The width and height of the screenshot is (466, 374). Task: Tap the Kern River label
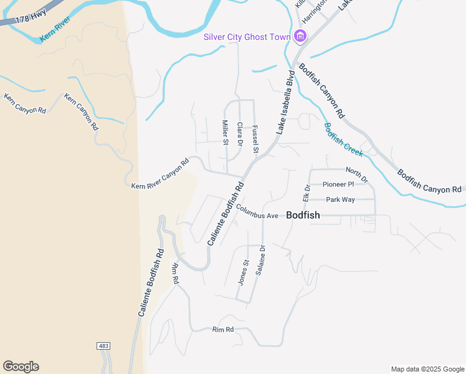pyautogui.click(x=55, y=30)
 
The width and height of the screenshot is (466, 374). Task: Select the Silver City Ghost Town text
pyautogui.click(x=247, y=37)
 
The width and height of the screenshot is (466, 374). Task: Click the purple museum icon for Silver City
pyautogui.click(x=300, y=37)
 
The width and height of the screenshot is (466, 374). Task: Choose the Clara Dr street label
pyautogui.click(x=240, y=134)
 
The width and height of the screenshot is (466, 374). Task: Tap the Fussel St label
pyautogui.click(x=255, y=139)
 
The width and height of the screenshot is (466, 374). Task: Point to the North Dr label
pyautogui.click(x=357, y=175)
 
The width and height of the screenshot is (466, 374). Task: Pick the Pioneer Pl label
pyautogui.click(x=338, y=185)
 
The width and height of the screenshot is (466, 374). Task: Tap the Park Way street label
pyautogui.click(x=340, y=199)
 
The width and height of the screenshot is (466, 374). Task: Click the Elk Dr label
pyautogui.click(x=307, y=193)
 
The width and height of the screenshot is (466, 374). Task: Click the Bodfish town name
pyautogui.click(x=303, y=215)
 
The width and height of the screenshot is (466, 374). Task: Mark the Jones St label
pyautogui.click(x=244, y=272)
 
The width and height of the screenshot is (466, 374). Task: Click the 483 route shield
pyautogui.click(x=103, y=345)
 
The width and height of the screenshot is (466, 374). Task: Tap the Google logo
pyautogui.click(x=21, y=366)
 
